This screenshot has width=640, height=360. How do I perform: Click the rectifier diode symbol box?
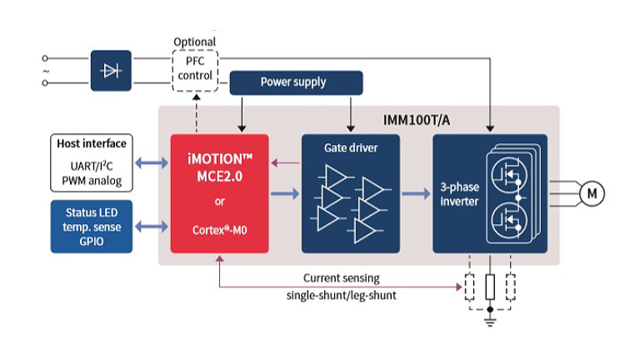[x=112, y=71]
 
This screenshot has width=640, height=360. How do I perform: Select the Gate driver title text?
[x=351, y=147]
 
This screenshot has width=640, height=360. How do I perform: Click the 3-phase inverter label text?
[x=461, y=194]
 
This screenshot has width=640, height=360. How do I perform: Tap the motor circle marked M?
[x=592, y=194]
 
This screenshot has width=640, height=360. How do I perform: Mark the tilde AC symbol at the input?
[x=45, y=71]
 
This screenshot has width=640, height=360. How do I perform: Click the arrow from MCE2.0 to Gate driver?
[x=284, y=194]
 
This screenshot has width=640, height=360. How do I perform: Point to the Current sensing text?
[x=340, y=277]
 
